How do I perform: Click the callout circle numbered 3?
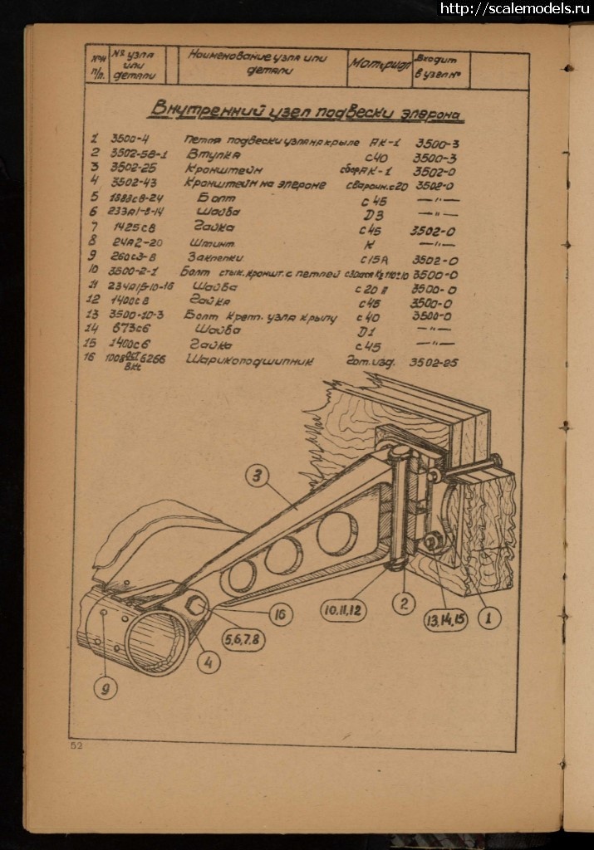pos(258,476)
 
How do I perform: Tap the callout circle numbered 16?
pos(282,614)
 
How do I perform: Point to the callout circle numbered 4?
pos(209,663)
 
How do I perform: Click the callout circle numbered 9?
pos(105,688)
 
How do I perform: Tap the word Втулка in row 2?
pos(214,154)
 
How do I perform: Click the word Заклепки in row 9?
pos(215,257)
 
